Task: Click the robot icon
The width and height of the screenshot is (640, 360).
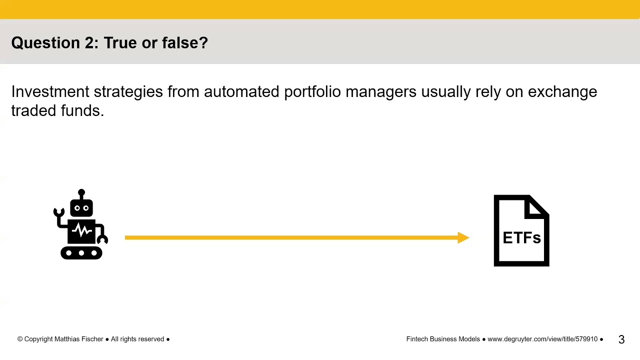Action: coord(81,225)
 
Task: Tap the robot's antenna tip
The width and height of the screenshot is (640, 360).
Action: coord(81,191)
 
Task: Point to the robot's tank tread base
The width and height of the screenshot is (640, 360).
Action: coord(81,253)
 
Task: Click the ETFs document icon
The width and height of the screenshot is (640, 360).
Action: coord(521,230)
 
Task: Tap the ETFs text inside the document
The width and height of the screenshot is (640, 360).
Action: coord(521,238)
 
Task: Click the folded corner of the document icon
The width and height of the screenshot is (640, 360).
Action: coord(538,206)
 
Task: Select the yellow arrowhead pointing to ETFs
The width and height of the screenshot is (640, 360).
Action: coord(463,237)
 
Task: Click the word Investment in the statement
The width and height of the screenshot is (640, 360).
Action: coord(50,92)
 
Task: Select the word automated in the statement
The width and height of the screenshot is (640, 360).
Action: coord(241,92)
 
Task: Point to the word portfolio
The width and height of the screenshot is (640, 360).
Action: coord(312,92)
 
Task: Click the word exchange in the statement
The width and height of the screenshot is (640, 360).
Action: coord(562,92)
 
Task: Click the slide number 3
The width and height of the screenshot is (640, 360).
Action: coord(621,339)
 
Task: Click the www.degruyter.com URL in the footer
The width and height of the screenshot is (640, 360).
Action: coord(542,339)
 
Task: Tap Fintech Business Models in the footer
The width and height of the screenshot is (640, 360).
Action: coord(443,339)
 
